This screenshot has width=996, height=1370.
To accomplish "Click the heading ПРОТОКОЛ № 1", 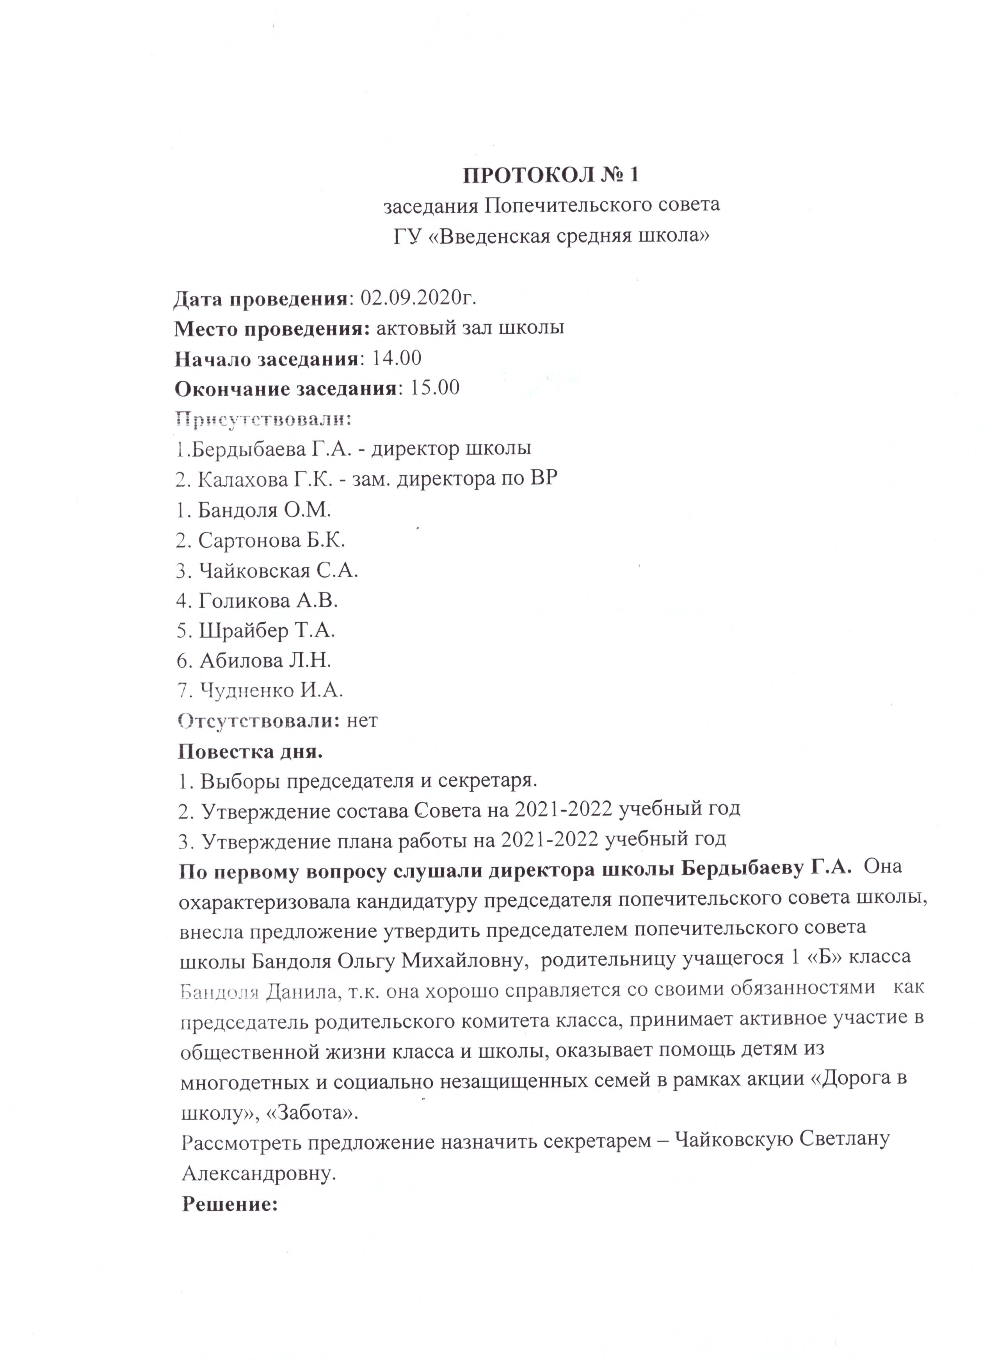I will (550, 175).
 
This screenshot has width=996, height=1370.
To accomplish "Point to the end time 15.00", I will (435, 388).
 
